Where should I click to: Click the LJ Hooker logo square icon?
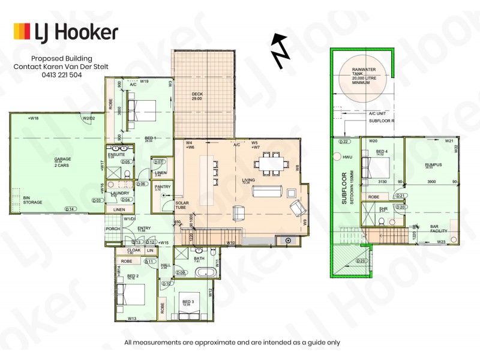[x=22, y=31]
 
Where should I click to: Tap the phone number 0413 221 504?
[x=61, y=76]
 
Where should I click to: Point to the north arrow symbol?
[x=279, y=49]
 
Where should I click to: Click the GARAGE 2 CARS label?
[x=59, y=162]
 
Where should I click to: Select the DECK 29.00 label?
[x=197, y=96]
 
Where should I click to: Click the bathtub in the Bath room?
[x=207, y=272]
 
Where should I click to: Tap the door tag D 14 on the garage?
[x=70, y=209]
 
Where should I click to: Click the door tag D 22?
[x=344, y=142]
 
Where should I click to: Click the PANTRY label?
[x=162, y=188]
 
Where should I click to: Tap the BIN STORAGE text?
[x=32, y=200]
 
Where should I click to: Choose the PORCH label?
[x=112, y=228]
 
